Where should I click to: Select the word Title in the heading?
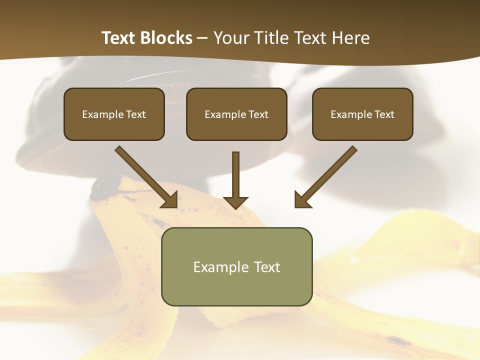272,38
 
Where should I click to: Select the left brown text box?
114,114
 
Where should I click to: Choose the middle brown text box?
236,114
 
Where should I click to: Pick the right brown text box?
362,114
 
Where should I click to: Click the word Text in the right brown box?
384,114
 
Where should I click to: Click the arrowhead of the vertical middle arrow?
235,202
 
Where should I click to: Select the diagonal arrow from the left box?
145,176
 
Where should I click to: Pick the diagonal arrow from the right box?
327,176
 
